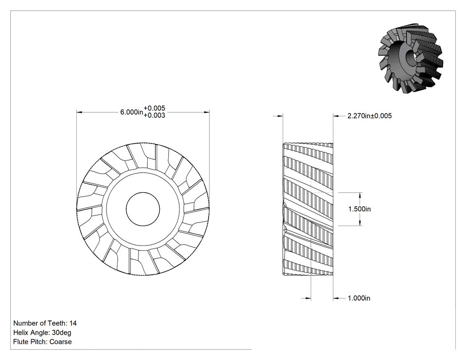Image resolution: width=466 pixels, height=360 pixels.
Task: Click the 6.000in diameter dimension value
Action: pyautogui.click(x=131, y=112)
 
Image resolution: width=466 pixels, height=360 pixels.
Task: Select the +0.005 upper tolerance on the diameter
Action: pyautogui.click(x=154, y=108)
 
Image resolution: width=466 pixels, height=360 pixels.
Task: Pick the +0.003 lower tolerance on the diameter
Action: pyautogui.click(x=154, y=115)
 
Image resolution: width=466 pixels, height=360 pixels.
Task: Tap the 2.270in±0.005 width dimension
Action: pyautogui.click(x=369, y=116)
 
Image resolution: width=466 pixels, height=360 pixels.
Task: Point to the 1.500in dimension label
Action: pyautogui.click(x=359, y=209)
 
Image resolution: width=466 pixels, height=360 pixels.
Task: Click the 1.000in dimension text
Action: pyautogui.click(x=359, y=298)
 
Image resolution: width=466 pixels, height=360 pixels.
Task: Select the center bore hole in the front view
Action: pyautogui.click(x=143, y=209)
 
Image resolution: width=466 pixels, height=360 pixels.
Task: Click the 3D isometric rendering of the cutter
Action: pyautogui.click(x=411, y=57)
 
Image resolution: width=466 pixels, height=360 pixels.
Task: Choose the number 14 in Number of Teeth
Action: pyautogui.click(x=73, y=323)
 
